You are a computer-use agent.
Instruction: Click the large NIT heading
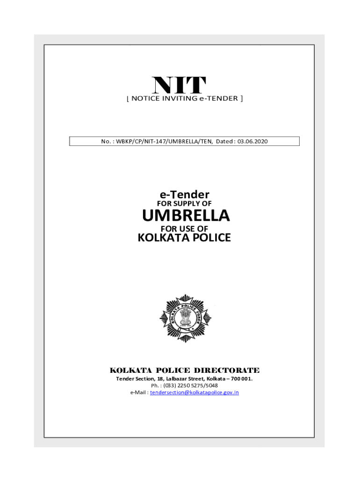tap(179, 85)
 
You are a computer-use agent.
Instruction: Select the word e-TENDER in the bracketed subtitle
tap(219, 98)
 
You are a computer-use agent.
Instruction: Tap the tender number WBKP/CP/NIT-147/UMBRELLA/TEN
tap(164, 141)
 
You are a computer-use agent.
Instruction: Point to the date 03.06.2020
tap(252, 141)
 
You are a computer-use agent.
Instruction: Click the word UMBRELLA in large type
tap(186, 216)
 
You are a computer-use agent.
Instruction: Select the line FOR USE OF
tap(184, 229)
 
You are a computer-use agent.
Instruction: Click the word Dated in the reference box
tap(225, 141)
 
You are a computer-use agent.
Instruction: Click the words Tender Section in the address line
tap(133, 378)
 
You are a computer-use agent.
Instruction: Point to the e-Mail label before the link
tap(139, 392)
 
